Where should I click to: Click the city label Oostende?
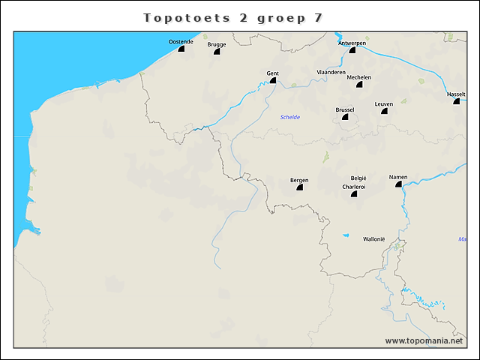coord(181,42)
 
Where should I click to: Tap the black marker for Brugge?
coord(217,52)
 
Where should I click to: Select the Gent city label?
coord(273,73)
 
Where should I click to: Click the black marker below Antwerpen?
coord(352,50)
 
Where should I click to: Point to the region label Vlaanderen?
coord(331,72)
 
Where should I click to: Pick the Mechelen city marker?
coord(369,85)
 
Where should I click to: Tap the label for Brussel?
coord(345,109)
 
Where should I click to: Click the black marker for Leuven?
coord(384,111)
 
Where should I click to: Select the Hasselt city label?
coord(456,94)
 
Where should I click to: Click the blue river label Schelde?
coord(290,118)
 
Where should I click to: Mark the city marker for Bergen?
coord(300,187)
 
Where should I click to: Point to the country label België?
coord(358,178)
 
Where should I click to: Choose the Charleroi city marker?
coord(354,194)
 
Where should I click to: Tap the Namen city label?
coord(398,177)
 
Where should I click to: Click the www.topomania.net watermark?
coord(424,341)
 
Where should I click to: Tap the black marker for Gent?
coord(274,80)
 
